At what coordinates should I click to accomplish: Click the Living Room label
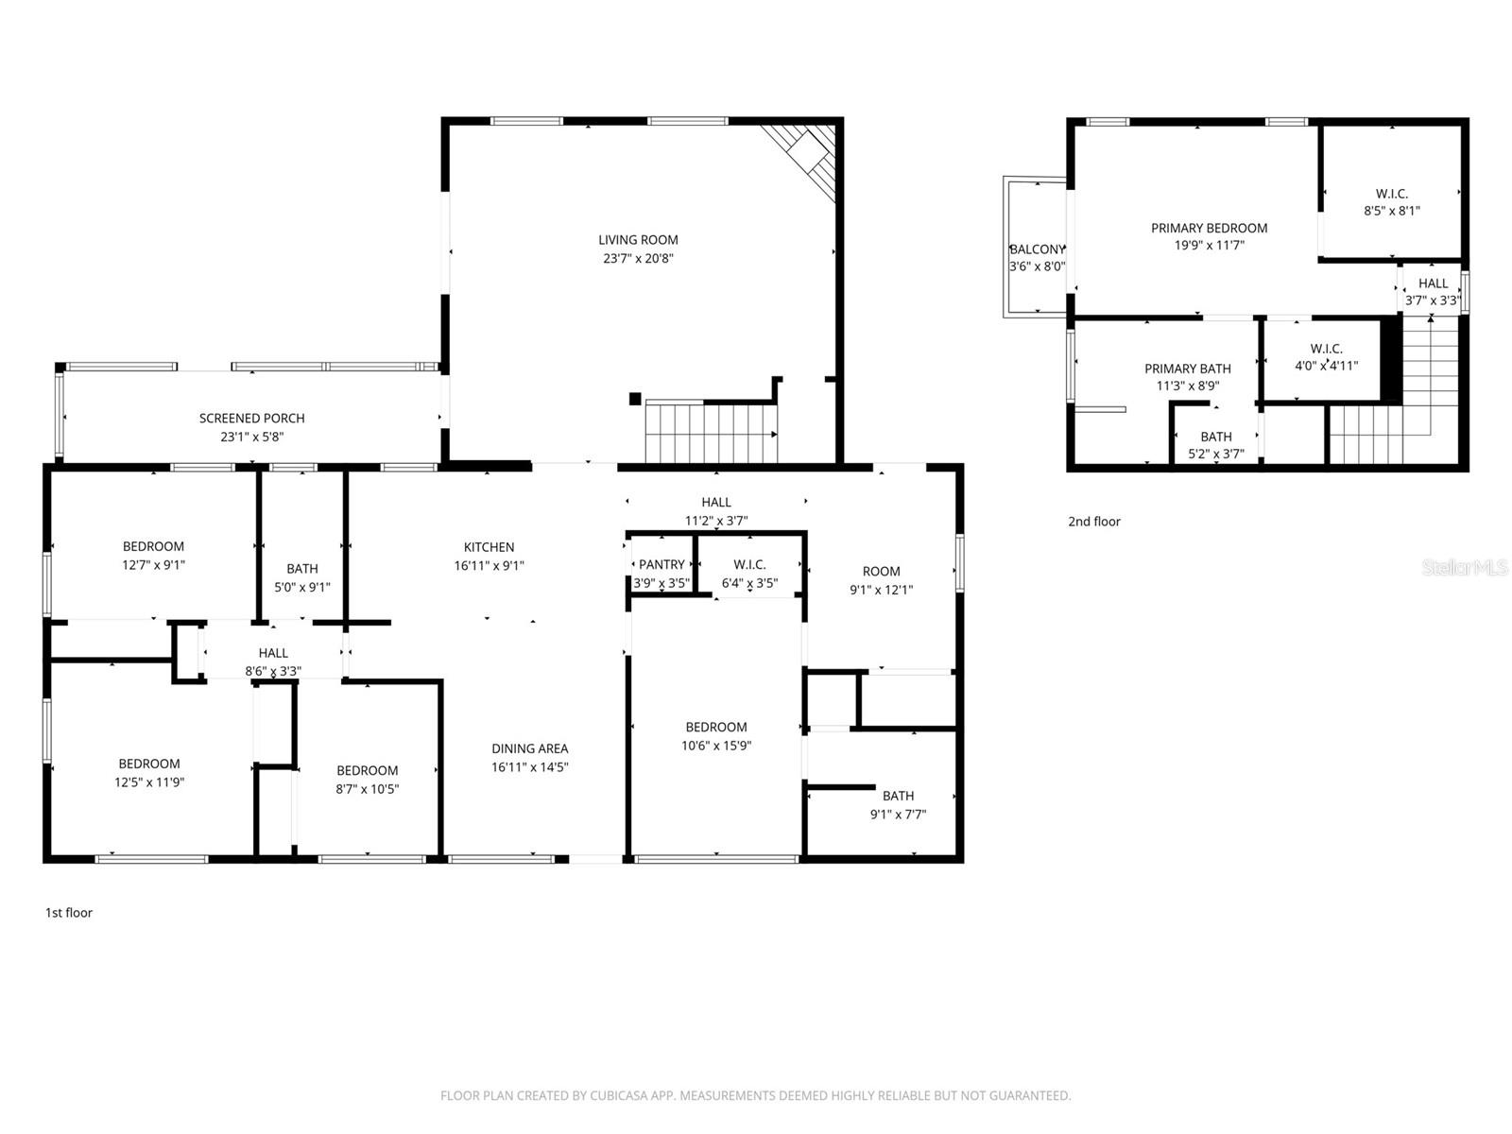coord(638,240)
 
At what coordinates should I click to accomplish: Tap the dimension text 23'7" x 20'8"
coord(638,258)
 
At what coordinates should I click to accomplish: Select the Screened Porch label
coord(251,418)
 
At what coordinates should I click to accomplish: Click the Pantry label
coord(661,564)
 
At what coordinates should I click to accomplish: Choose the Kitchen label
coord(489,547)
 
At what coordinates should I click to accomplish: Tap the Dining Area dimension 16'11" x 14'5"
coord(529,767)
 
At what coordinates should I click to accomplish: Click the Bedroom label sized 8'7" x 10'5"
coord(367,770)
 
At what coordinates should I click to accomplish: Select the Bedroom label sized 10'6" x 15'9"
coord(715,727)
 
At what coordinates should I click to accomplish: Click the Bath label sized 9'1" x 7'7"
coord(898,796)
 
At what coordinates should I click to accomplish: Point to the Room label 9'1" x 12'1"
coord(881,571)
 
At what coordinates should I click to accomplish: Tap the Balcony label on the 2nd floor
coord(1037,249)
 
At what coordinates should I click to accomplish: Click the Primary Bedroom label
coord(1209,228)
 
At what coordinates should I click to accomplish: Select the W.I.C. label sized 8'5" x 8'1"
coord(1391,194)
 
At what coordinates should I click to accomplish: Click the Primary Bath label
coord(1187,369)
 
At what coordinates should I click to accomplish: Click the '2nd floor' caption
coord(1093,522)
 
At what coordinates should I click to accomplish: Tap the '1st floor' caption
coord(69,913)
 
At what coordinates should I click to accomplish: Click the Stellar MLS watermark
coord(1464,567)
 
